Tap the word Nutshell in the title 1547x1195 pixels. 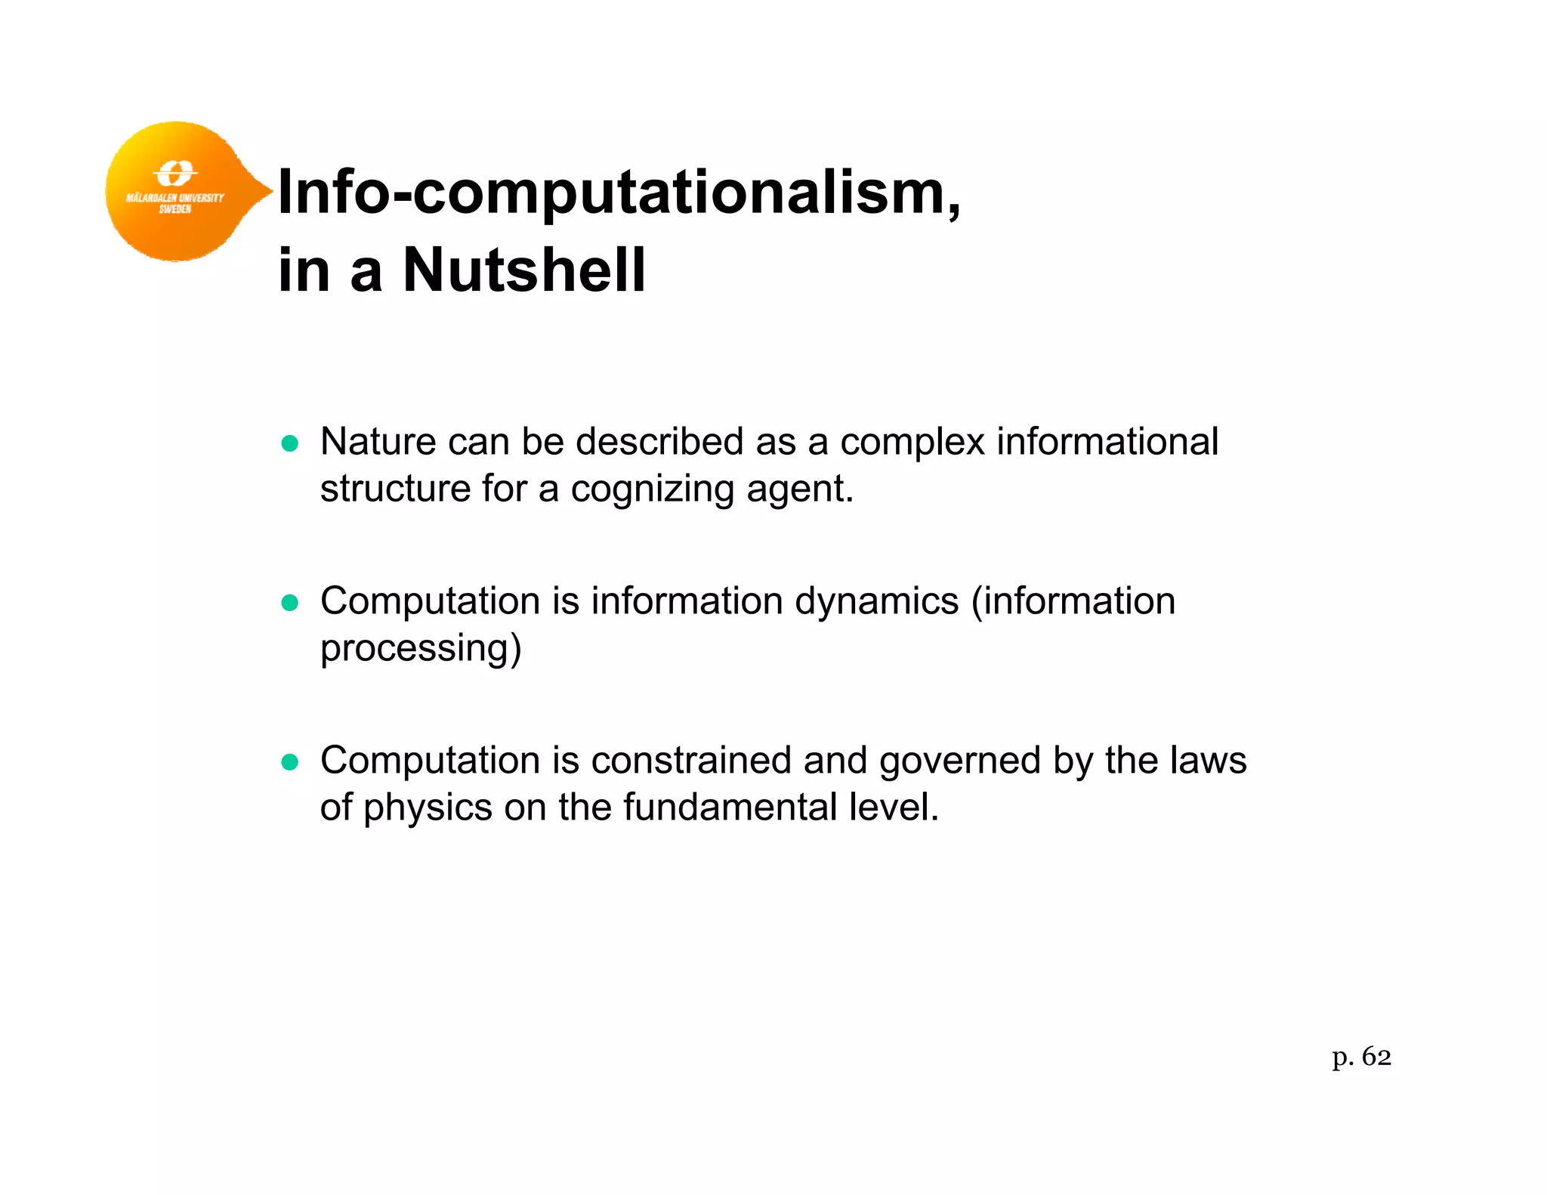(x=524, y=270)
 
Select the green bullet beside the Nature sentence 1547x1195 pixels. (x=290, y=443)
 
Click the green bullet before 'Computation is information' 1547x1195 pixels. (x=290, y=603)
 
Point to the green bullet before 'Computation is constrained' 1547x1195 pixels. (x=290, y=762)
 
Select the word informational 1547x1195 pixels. (x=1107, y=441)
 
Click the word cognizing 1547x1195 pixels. (x=653, y=489)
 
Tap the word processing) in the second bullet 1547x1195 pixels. (x=421, y=649)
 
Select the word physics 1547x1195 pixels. (x=428, y=808)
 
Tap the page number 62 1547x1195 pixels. (x=1376, y=1057)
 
